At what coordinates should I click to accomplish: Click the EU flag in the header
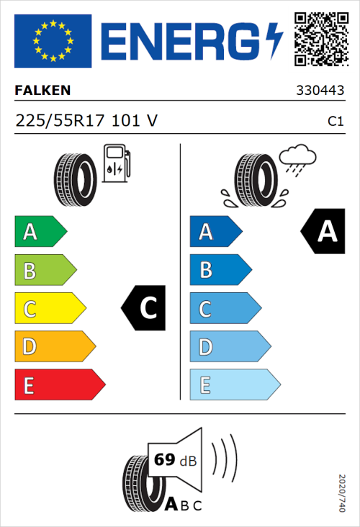(x=53, y=41)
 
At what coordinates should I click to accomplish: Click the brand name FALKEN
(x=43, y=91)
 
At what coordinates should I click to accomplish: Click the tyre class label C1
(x=335, y=122)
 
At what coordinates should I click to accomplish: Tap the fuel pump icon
(x=116, y=163)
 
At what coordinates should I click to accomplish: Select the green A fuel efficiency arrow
(x=40, y=232)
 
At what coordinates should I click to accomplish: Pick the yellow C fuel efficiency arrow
(x=49, y=308)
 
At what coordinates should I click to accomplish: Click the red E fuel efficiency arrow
(x=59, y=385)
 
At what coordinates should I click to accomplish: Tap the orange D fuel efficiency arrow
(x=54, y=347)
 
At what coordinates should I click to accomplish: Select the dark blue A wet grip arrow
(x=215, y=232)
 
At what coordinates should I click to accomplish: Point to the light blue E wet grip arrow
(x=233, y=385)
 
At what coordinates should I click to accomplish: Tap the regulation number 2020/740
(x=343, y=492)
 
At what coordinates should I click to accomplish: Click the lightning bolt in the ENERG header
(x=274, y=41)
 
